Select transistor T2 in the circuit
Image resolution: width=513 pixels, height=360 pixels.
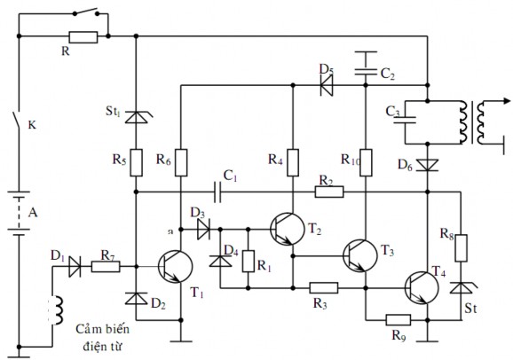click(287, 227)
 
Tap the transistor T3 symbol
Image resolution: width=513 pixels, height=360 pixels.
click(359, 254)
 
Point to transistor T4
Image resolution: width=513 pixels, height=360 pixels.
click(421, 287)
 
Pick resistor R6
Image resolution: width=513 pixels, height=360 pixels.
click(181, 160)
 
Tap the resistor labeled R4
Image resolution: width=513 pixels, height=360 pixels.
click(292, 160)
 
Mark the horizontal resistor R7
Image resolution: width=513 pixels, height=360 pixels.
click(106, 265)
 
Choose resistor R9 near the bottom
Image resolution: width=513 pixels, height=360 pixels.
click(398, 319)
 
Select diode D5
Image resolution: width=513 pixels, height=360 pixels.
click(327, 86)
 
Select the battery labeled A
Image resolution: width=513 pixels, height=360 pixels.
click(18, 213)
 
